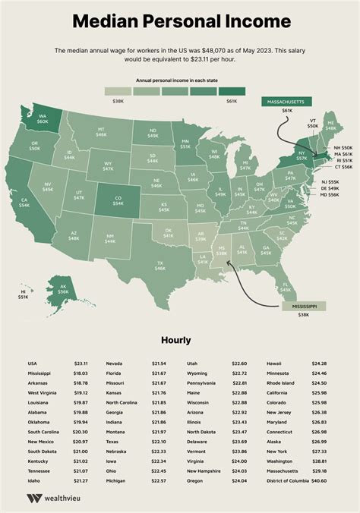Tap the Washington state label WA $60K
pos(43,118)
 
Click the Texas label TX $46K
pos(161,265)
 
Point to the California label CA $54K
pos(24,203)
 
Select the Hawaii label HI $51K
pos(23,295)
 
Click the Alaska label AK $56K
pos(63,289)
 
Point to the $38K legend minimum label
pos(118,100)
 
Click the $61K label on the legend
pos(232,100)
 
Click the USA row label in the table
pos(33,364)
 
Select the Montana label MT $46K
pos(101,133)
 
